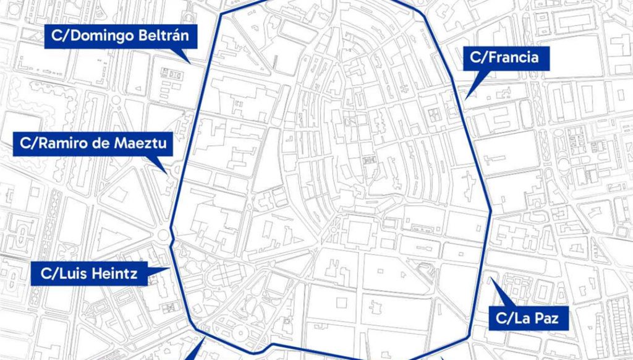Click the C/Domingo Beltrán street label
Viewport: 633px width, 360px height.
[x=121, y=37]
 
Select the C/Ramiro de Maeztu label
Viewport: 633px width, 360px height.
[x=93, y=144]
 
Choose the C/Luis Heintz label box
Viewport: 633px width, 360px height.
[x=89, y=272]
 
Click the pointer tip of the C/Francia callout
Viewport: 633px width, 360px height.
[x=467, y=96]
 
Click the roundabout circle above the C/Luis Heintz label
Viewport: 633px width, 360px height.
[x=164, y=234]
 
